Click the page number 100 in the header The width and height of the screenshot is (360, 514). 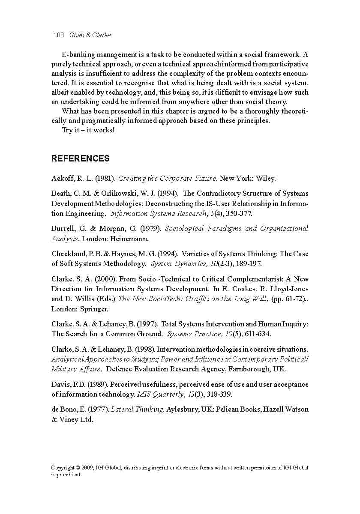(58, 35)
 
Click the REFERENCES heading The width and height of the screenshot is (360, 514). (81, 158)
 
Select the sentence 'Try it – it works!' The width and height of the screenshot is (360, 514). (88, 130)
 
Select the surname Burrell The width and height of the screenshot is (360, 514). (64, 229)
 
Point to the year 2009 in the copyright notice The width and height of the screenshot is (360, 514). (86, 468)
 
